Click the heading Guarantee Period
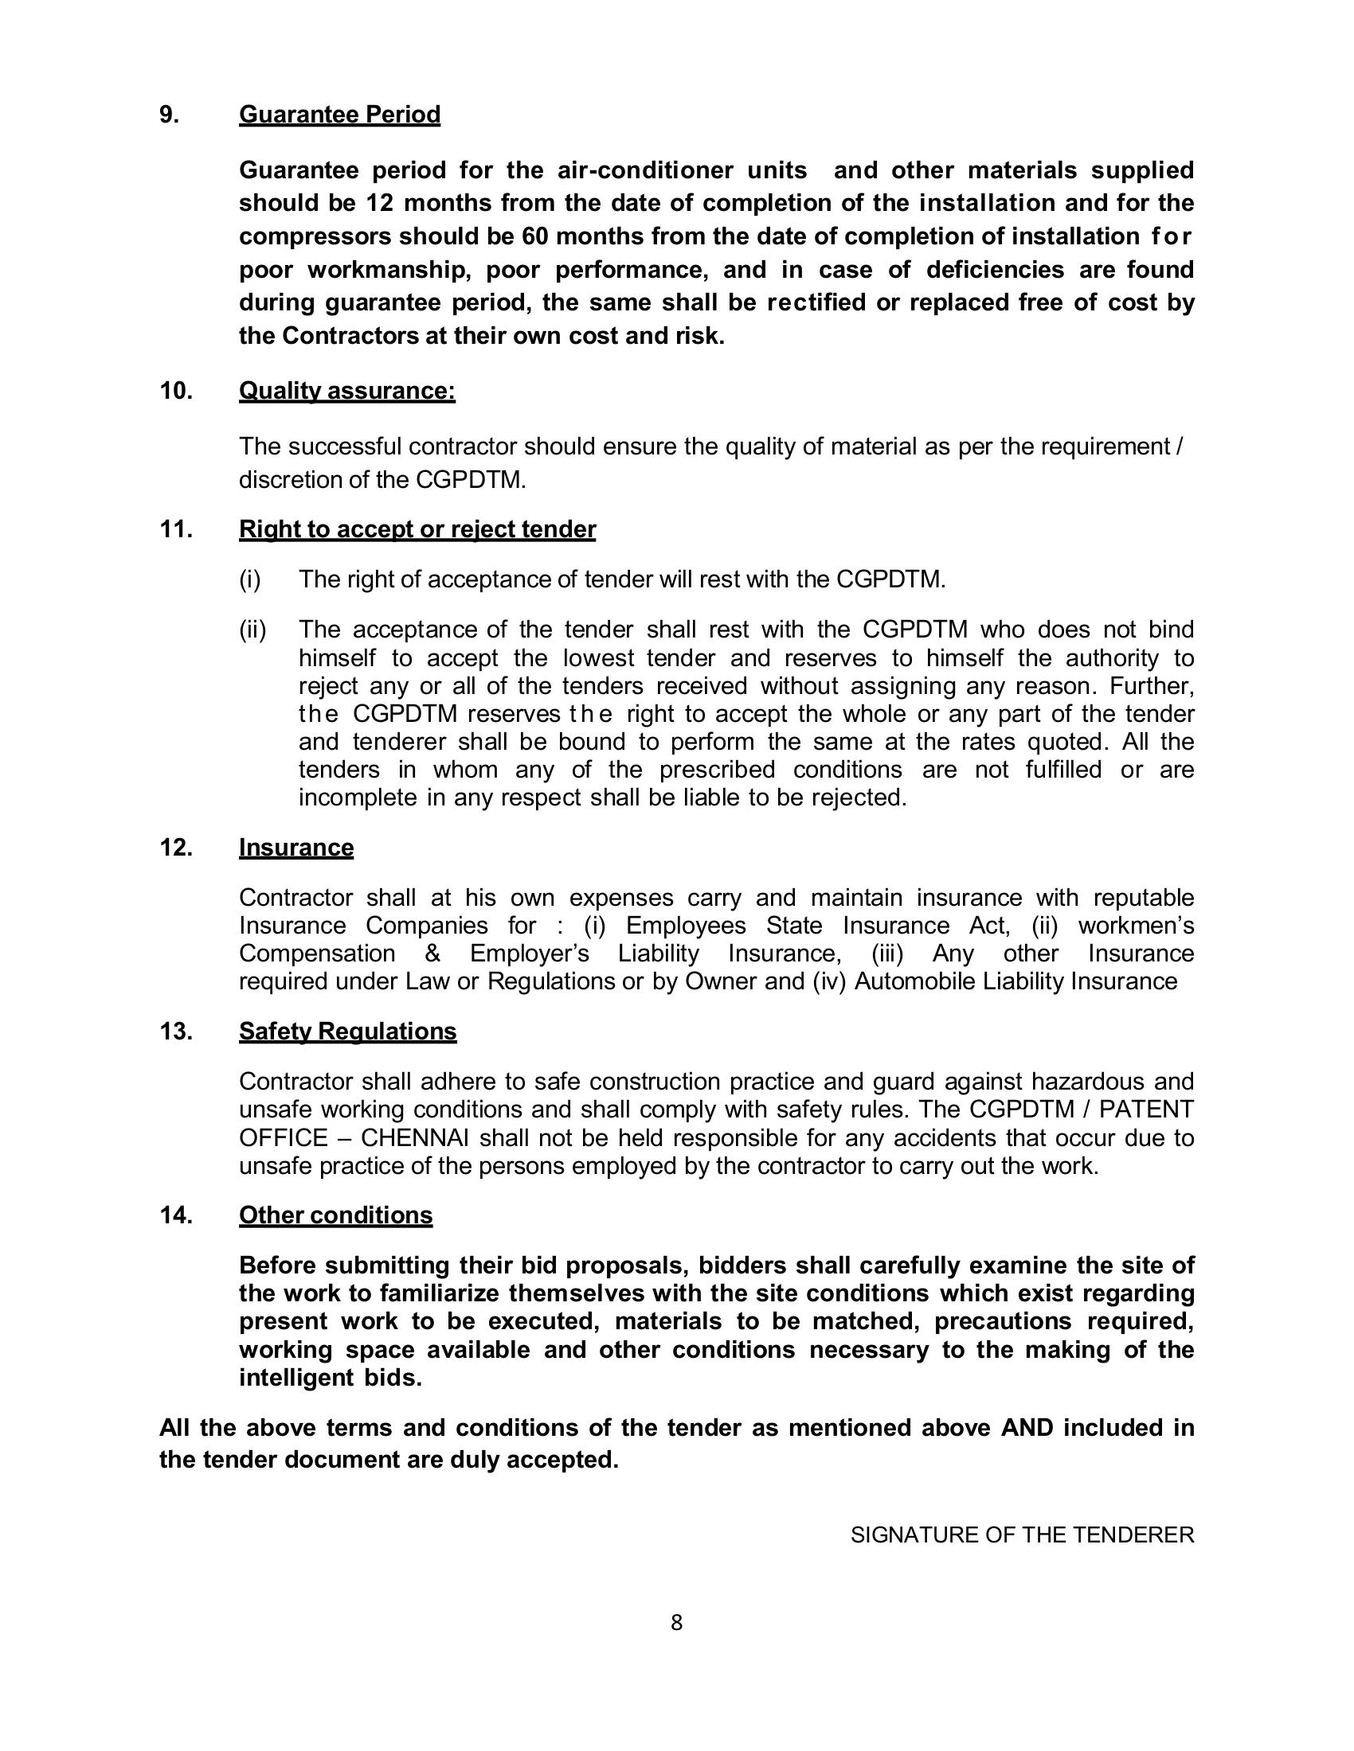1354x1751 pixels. [339, 115]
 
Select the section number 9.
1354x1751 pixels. [168, 115]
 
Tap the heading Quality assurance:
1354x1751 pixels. [346, 391]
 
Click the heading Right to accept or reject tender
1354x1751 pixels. [417, 529]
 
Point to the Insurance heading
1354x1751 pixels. [296, 848]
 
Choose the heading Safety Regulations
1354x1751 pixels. [347, 1031]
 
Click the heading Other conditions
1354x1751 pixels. [335, 1215]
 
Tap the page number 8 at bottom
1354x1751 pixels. [676, 1623]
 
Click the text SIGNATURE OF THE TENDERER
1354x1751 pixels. [1022, 1535]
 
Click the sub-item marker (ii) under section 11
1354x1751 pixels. [252, 630]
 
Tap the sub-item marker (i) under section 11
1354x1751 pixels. [250, 579]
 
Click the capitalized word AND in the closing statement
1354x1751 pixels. [1027, 1428]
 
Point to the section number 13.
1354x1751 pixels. [176, 1031]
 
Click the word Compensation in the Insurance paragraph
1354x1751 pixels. [317, 953]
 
